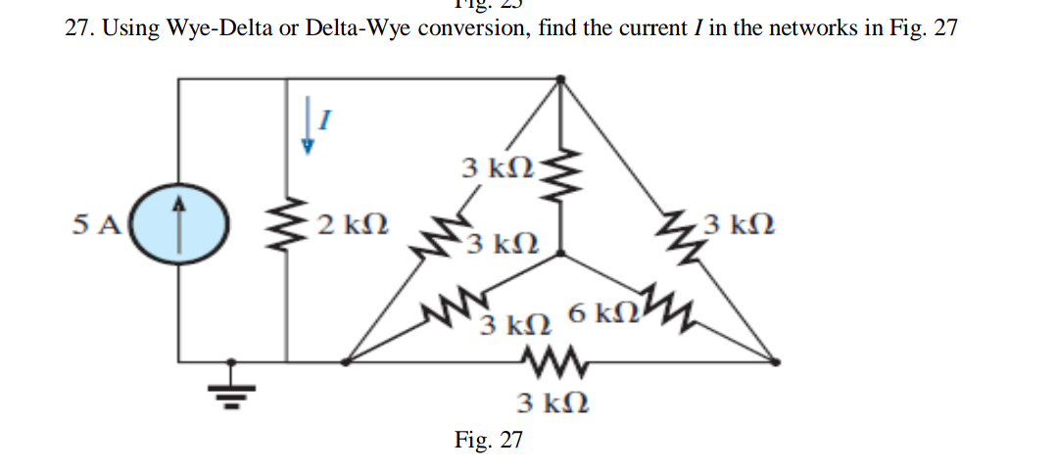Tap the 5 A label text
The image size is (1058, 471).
(x=96, y=224)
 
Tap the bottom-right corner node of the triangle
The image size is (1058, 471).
(x=777, y=361)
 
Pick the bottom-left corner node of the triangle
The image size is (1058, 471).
(x=343, y=361)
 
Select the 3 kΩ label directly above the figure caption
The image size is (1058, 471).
(x=553, y=402)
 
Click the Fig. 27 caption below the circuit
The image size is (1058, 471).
(x=489, y=440)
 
